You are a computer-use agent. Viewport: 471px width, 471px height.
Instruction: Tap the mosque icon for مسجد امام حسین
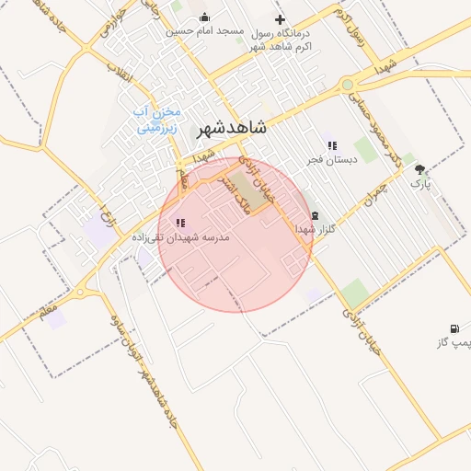click(203, 17)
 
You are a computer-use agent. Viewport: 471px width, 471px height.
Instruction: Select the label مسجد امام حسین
click(205, 31)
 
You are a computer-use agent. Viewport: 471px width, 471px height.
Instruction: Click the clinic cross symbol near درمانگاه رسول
click(280, 19)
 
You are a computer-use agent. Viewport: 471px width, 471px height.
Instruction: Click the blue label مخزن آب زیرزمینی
click(159, 120)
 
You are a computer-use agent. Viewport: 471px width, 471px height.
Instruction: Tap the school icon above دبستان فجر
click(332, 144)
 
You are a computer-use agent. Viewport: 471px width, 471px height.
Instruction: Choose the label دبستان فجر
click(331, 160)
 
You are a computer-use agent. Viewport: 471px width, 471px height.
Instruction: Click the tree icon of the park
click(420, 169)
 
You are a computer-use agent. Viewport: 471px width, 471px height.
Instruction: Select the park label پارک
click(420, 184)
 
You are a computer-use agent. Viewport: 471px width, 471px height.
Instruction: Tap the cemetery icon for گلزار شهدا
click(315, 215)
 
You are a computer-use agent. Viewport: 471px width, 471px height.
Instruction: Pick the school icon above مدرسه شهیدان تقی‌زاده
click(179, 222)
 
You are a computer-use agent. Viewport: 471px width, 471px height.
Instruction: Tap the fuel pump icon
click(454, 328)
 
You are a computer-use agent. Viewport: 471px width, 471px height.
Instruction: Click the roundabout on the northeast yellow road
click(347, 86)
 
